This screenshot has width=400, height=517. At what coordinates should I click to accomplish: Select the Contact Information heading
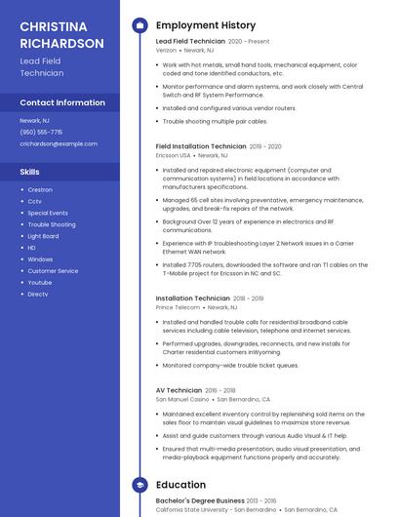(62, 102)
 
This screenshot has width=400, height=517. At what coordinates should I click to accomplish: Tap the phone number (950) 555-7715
(41, 132)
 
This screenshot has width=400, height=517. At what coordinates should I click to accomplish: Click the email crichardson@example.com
(59, 143)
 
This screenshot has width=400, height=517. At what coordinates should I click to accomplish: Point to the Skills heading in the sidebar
(30, 172)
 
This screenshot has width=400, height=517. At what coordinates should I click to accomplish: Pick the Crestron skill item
(40, 189)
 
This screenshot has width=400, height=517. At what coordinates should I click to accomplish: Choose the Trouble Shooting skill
(51, 224)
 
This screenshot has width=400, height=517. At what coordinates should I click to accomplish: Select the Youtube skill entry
(40, 282)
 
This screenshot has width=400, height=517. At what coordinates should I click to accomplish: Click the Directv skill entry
(38, 294)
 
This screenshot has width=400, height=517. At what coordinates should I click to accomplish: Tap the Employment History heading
(206, 25)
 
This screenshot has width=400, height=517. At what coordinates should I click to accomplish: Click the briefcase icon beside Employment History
(140, 25)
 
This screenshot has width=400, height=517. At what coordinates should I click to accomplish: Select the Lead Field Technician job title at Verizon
(190, 42)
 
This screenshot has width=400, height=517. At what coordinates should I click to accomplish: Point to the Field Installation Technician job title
(201, 146)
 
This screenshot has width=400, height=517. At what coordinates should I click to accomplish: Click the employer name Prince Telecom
(178, 306)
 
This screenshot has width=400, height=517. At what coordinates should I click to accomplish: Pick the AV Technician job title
(179, 390)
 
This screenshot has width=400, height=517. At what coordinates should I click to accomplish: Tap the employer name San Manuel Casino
(182, 399)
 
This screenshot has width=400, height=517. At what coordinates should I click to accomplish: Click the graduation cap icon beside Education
(140, 484)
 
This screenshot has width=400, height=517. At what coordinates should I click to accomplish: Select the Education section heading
(180, 484)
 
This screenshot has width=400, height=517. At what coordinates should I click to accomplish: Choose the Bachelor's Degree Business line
(200, 500)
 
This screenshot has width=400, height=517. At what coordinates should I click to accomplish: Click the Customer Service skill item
(53, 270)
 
